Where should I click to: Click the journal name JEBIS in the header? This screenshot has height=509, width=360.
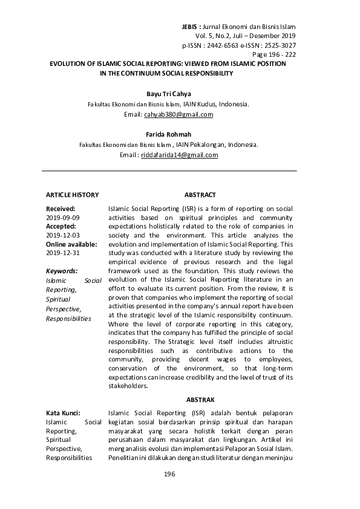(192, 28)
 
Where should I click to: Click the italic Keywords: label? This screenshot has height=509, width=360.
(62, 272)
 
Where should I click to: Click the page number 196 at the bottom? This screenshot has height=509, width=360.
(169, 474)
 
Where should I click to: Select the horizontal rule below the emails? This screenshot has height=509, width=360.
(169, 171)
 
